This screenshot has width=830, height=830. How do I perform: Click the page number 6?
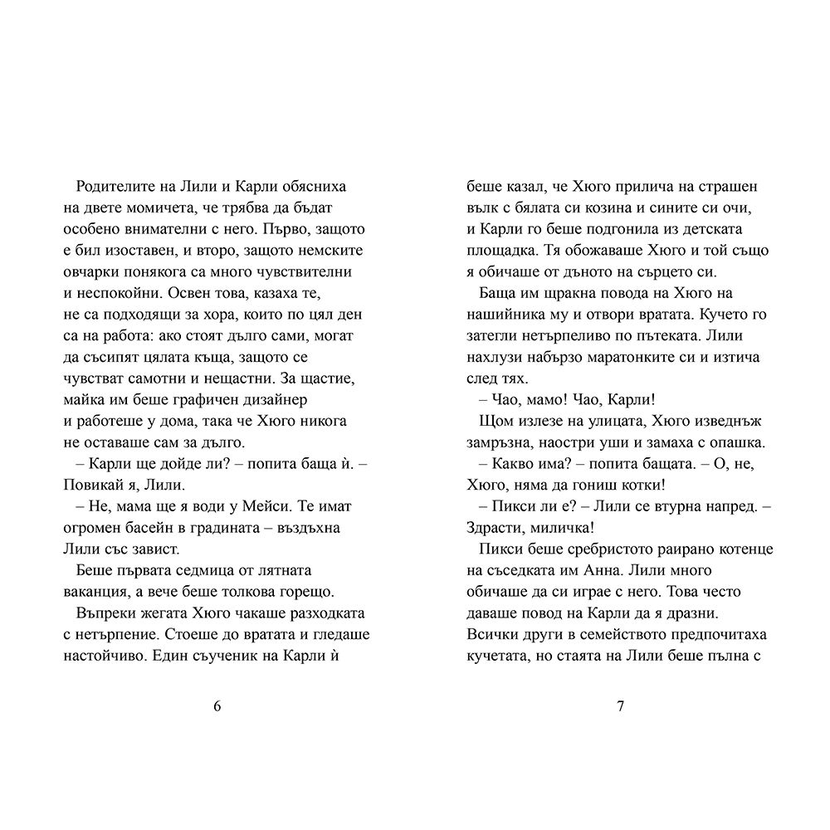(217, 707)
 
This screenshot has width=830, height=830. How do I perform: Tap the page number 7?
(620, 707)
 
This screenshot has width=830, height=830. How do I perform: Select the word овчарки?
(91, 271)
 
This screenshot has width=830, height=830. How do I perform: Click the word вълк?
(481, 207)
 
